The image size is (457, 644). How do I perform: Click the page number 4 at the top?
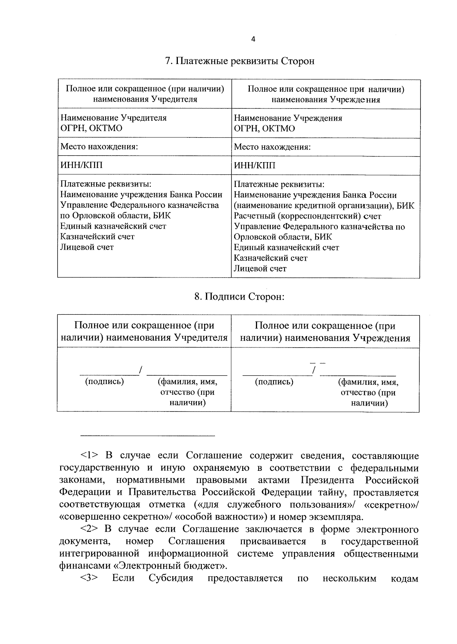pos(253,39)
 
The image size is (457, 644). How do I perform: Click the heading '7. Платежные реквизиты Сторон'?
pos(240,61)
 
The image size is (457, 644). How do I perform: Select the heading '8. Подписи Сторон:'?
pos(240,297)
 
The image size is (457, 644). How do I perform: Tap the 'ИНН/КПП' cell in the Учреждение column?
pos(255,166)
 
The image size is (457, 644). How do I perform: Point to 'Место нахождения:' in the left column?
pos(99,147)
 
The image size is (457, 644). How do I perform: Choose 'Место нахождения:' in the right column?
pos(272,147)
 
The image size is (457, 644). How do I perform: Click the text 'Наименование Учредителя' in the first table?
pos(113,118)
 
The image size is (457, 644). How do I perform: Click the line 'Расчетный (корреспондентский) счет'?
pos(307,216)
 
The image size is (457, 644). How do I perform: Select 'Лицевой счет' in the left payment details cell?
pos(87,247)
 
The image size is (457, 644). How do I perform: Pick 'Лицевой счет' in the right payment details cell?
pos(260,268)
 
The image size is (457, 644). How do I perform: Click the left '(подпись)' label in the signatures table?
pos(105,381)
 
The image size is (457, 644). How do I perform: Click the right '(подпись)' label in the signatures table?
pos(274,381)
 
